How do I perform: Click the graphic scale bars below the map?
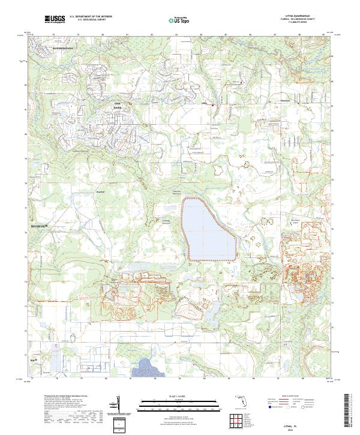point(179,403)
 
